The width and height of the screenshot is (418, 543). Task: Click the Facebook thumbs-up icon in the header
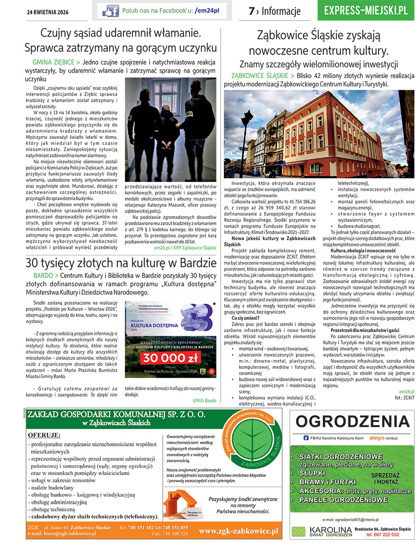111,11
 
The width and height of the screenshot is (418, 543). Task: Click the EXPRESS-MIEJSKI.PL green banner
366,11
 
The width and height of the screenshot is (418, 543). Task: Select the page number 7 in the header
251,11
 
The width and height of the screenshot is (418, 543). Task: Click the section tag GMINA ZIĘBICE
53,62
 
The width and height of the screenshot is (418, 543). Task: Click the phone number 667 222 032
387,535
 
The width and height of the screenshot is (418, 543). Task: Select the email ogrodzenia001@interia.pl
351,519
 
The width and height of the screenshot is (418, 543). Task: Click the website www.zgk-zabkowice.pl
238,530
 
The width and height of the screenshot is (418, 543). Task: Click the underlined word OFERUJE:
44,435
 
